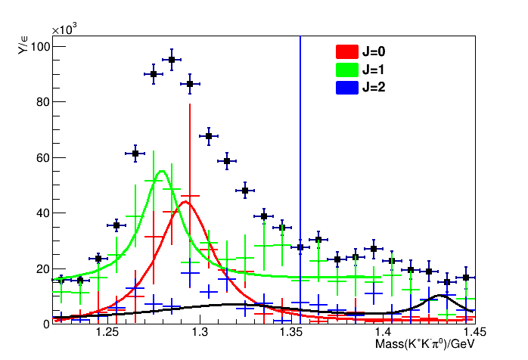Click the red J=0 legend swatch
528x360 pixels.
coord(346,52)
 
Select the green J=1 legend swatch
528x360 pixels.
coord(346,69)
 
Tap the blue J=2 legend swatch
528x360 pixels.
coord(346,86)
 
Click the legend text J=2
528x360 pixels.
coord(376,86)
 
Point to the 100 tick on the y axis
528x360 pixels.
coord(40,47)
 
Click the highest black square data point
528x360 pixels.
coord(172,59)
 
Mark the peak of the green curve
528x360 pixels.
coord(162,172)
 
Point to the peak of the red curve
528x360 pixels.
coord(185,201)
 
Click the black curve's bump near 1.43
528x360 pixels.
coord(441,296)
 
